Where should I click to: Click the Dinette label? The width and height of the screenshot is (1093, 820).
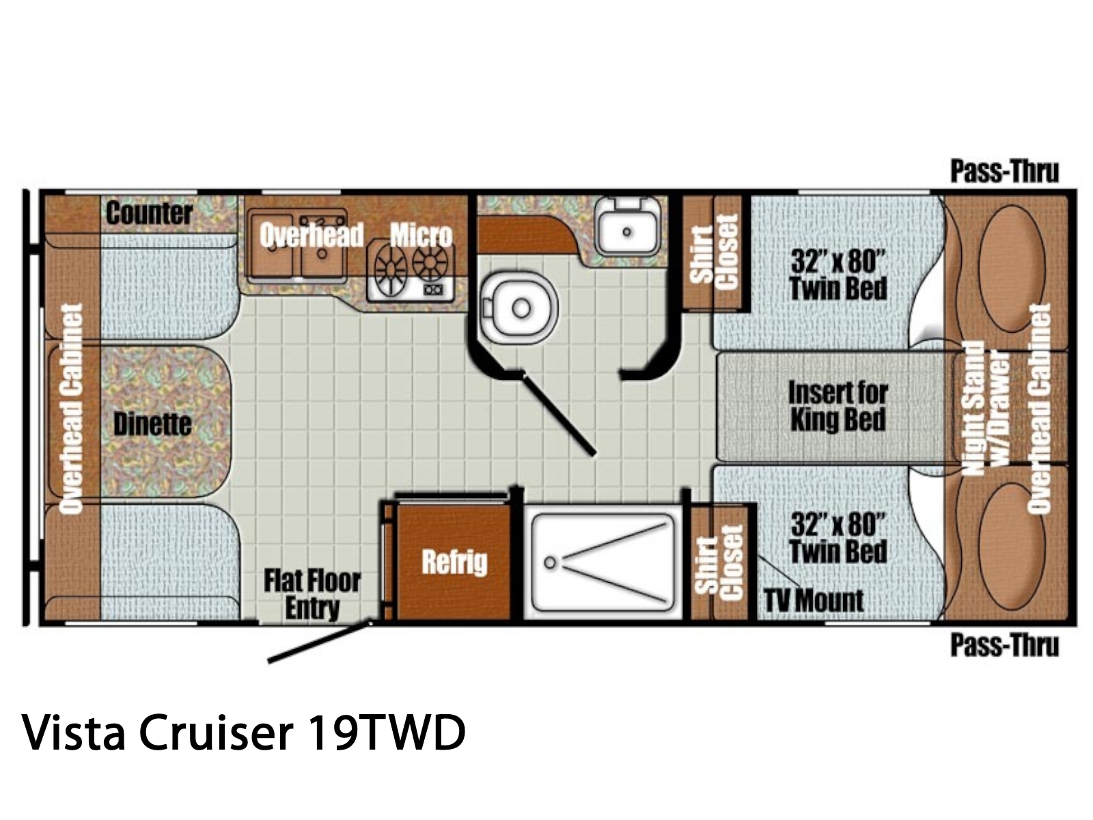pos(152,424)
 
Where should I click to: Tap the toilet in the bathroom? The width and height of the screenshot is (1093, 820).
pos(519,307)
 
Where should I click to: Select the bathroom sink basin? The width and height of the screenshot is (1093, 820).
pos(627,232)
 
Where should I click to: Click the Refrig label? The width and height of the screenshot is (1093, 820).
pos(454,562)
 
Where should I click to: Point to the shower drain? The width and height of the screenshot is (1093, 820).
pos(550,562)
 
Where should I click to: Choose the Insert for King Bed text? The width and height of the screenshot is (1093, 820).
pos(838,407)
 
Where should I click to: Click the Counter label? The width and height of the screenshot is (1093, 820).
pos(149,213)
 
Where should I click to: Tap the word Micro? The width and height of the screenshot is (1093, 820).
pos(421,235)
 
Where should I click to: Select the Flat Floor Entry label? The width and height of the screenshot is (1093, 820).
pos(312,594)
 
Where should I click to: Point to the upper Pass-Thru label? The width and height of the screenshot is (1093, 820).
pos(1004,172)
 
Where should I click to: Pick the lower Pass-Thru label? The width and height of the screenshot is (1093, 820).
pos(1004,646)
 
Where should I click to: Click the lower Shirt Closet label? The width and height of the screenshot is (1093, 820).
pos(719,562)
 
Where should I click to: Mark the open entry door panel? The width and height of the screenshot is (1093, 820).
pos(320,640)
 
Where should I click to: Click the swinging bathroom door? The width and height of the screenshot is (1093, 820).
pos(559,414)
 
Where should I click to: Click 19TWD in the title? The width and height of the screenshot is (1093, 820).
pos(387,733)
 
